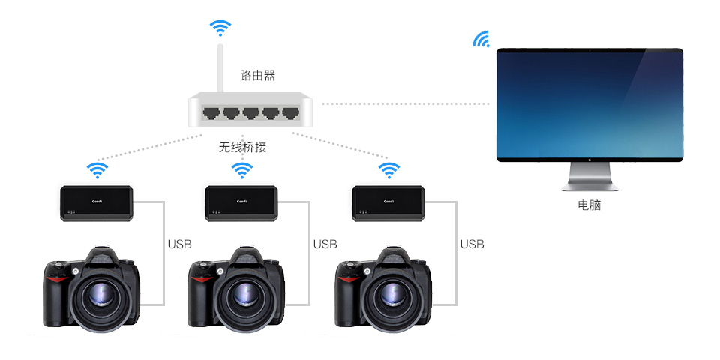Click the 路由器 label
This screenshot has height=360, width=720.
[x=257, y=75]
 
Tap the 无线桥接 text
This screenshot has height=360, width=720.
[x=242, y=148]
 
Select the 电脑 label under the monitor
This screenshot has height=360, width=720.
[x=589, y=205]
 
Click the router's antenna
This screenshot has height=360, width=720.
[x=220, y=68]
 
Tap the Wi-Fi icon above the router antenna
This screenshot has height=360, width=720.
[x=220, y=28]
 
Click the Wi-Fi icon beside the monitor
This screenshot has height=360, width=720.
[x=481, y=40]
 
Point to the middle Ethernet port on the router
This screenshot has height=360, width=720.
[x=250, y=113]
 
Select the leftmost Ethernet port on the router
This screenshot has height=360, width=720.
[x=211, y=113]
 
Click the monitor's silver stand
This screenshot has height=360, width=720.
[x=589, y=177]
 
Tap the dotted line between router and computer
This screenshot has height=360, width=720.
[x=406, y=103]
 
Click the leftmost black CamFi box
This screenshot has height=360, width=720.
[x=97, y=203]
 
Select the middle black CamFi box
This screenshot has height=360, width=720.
[x=241, y=203]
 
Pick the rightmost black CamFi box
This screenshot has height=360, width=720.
[x=388, y=203]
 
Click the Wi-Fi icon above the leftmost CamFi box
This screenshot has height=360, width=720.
[x=97, y=170]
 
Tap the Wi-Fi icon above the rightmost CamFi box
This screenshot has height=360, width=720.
[x=388, y=170]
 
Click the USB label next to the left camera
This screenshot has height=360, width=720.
[x=179, y=244]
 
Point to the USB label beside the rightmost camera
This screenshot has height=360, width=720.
[x=472, y=244]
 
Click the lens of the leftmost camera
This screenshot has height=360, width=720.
[x=101, y=295]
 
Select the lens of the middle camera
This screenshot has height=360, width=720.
[x=246, y=295]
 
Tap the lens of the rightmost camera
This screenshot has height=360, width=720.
[x=393, y=295]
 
